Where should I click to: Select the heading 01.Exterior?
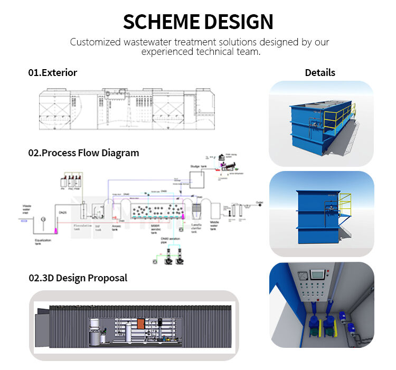52,73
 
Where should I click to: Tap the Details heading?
320,73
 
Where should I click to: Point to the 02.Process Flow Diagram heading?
83,153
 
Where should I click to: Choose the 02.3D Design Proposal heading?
78,278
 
